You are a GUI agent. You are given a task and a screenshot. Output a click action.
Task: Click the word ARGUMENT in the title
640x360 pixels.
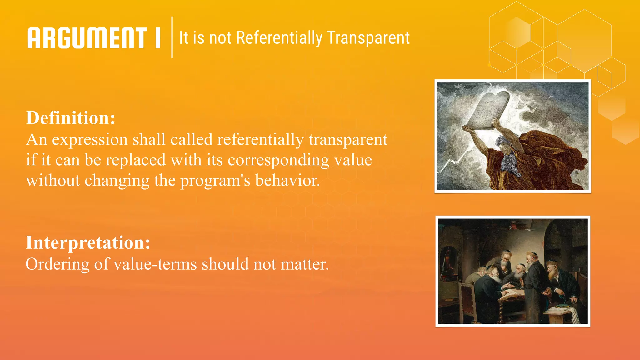tap(87, 38)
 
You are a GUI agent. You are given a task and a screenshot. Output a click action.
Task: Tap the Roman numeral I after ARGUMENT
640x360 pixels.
tap(158, 38)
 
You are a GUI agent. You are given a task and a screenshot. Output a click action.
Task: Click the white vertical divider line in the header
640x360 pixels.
tap(172, 37)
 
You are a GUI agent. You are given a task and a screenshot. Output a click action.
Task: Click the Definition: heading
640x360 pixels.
tap(71, 118)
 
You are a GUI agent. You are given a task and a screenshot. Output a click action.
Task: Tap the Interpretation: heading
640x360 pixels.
tap(88, 242)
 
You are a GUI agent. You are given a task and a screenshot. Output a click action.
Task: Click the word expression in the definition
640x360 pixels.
tap(90, 140)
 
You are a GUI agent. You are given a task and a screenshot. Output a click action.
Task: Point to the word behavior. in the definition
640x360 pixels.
tap(287, 180)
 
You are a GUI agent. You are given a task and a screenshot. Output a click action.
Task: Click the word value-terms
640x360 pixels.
tap(155, 264)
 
